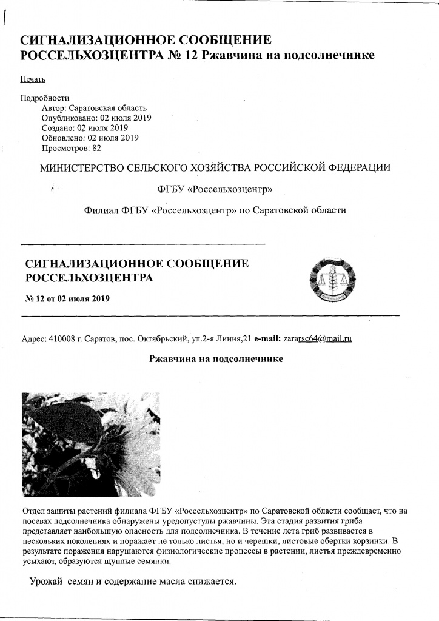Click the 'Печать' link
click(x=33, y=79)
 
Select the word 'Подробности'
click(x=45, y=98)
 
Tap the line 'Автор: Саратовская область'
click(x=94, y=108)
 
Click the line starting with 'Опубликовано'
click(x=96, y=118)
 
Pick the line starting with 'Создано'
click(x=84, y=128)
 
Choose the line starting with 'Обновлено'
click(x=90, y=138)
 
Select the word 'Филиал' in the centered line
click(x=102, y=210)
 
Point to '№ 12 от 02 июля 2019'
click(x=67, y=299)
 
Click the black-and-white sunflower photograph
click(x=91, y=436)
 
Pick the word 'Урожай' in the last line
click(x=47, y=582)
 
